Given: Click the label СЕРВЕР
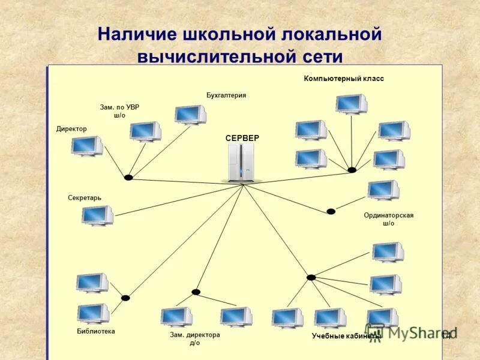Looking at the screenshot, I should coord(242,138).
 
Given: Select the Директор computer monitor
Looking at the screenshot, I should coord(86,146).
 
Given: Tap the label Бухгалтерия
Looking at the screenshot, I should coord(226,95).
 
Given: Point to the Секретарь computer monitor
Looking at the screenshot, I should coord(97,215).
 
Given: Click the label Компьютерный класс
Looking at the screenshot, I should coord(344,79).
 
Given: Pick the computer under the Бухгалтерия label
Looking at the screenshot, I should coord(190,115).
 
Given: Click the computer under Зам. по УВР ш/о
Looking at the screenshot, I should coord(145,131).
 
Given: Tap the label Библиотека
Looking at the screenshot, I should coord(96,331).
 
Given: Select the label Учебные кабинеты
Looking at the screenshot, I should coord(345,336).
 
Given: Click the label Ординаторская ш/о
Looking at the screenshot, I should coord(389,219).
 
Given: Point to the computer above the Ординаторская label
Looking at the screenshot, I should coord(383,190).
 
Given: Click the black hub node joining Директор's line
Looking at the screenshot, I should coord(128,178).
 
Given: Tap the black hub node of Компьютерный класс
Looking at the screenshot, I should coord(352,170).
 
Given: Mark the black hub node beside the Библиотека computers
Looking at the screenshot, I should coord(125,298).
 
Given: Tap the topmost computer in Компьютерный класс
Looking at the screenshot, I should coord(351,104).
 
